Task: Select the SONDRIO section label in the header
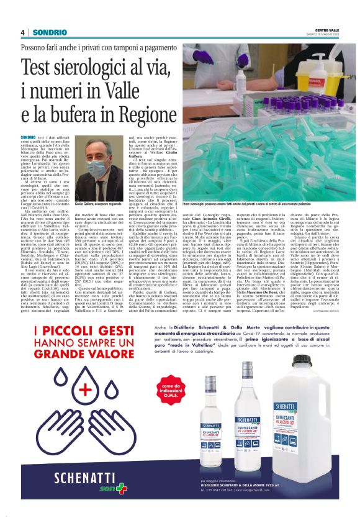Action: pyautogui.click(x=50, y=32)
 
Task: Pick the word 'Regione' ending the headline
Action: pyautogui.click(x=140, y=116)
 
